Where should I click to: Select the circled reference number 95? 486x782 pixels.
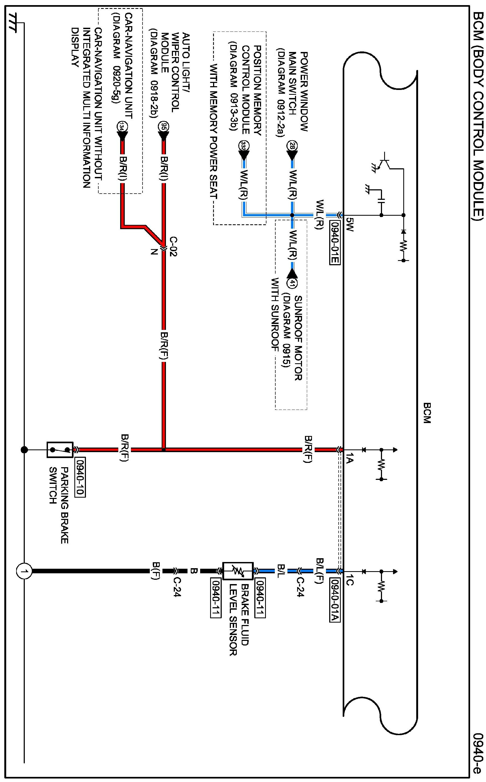[x=163, y=127]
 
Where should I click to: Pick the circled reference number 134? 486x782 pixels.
[x=122, y=127]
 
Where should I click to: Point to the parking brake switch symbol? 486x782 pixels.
[x=60, y=450]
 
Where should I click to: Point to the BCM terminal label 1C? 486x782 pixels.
[x=350, y=582]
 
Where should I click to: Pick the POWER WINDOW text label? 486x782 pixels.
[x=303, y=92]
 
